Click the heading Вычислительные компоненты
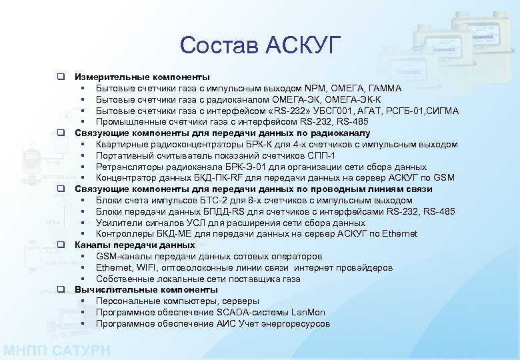146,290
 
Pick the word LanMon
307,312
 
